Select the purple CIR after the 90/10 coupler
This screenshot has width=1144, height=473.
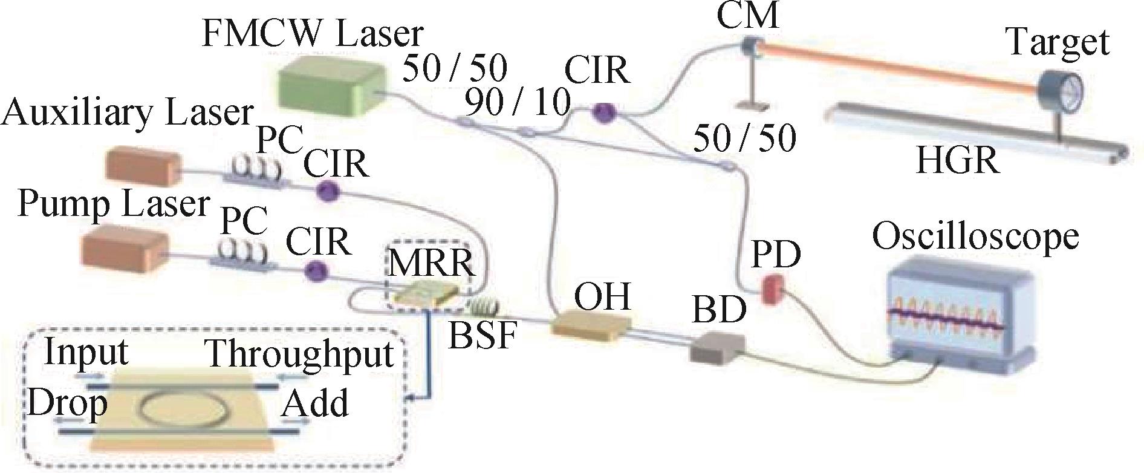602,112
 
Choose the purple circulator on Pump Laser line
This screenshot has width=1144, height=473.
314,270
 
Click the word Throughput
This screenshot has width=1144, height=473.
300,353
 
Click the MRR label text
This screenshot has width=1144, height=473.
430,264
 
